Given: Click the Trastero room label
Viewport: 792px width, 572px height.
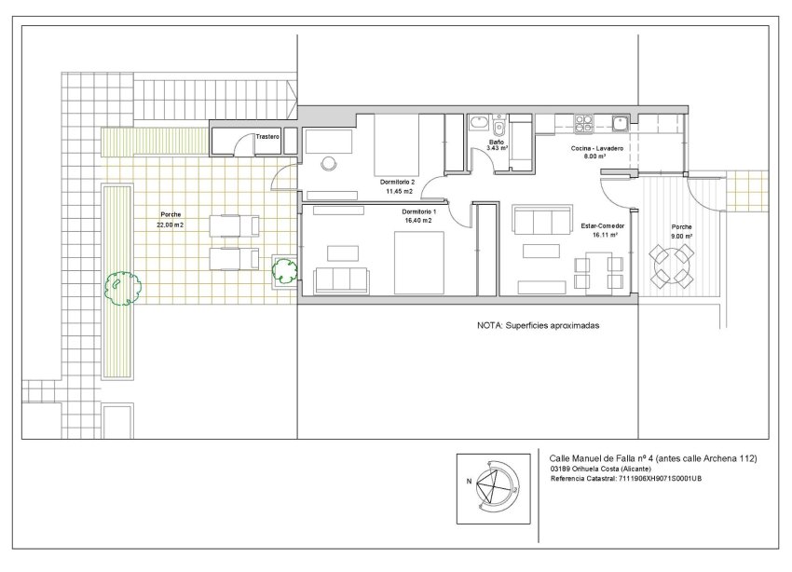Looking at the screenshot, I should point(268,137).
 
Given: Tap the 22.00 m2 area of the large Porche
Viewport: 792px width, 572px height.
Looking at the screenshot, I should point(170,225).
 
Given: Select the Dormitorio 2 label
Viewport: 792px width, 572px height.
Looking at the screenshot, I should point(398,181).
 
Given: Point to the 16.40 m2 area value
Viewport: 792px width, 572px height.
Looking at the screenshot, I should point(418,221).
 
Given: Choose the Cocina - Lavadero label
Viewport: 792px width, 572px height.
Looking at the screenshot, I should point(596,149).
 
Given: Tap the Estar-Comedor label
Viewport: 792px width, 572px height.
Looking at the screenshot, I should point(602,225).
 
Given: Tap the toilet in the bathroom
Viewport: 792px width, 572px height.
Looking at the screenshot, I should point(499,127).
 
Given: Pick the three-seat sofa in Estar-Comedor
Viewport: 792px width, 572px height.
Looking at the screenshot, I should point(542,221).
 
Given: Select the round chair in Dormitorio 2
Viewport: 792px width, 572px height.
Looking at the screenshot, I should point(328,164).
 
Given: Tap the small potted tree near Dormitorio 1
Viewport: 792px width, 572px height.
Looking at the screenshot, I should point(283,272).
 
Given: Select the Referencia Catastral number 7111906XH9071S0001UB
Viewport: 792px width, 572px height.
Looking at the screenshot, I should point(668,479).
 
